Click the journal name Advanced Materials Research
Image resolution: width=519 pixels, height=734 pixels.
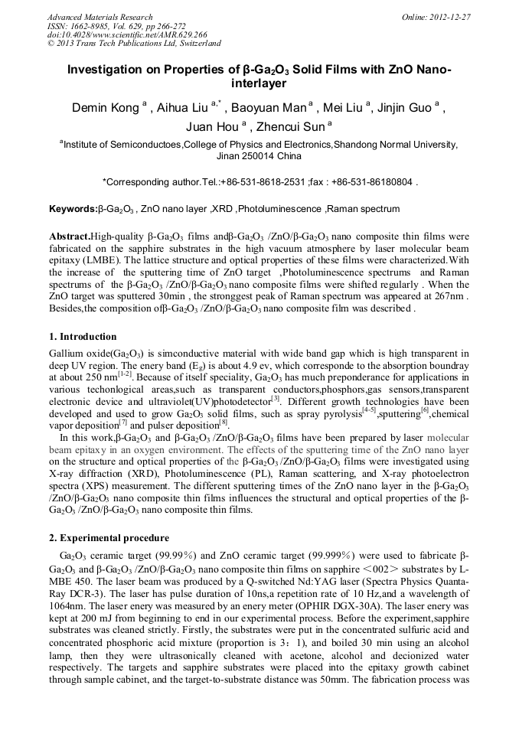pyautogui.click(x=100, y=17)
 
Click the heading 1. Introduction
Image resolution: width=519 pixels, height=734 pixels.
pyautogui.click(x=83, y=337)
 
